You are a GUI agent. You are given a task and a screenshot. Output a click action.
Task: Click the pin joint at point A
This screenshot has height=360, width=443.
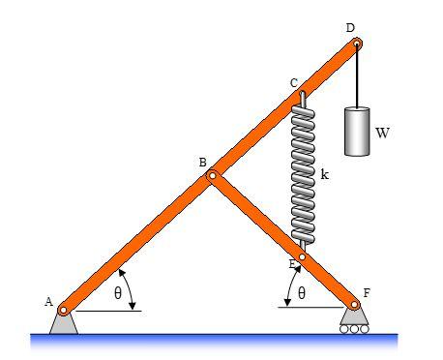[x=64, y=310]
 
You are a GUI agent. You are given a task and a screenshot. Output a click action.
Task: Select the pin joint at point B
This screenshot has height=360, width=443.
[x=213, y=176]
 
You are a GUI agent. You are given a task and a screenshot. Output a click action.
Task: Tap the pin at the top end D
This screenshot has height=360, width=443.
[x=357, y=44]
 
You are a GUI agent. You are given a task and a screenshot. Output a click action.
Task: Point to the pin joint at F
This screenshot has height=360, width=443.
[x=354, y=304]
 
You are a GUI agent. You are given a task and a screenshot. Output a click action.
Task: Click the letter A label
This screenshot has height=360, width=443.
[x=47, y=301]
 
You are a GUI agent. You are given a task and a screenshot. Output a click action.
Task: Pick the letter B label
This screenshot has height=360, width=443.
[x=203, y=163]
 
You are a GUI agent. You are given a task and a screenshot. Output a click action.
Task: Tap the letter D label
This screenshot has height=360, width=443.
[x=350, y=29]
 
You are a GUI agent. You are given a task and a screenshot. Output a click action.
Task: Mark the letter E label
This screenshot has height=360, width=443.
[x=292, y=264]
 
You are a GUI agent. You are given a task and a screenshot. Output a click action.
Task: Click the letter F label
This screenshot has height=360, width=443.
[x=366, y=290]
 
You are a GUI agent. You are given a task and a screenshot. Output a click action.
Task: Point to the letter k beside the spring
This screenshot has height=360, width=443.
[x=325, y=174]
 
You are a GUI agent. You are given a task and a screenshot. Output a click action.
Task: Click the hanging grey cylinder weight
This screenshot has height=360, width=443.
[x=357, y=131]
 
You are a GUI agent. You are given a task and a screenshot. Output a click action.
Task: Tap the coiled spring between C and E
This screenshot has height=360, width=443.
[x=303, y=174]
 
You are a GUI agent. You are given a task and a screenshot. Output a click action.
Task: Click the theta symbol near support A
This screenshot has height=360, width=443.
[x=117, y=293]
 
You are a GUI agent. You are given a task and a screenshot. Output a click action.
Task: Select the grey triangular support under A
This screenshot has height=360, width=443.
[x=64, y=323]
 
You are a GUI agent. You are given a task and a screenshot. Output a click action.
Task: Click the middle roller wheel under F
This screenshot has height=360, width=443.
[x=354, y=328]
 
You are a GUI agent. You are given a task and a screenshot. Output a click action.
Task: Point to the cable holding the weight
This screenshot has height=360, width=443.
[x=358, y=77]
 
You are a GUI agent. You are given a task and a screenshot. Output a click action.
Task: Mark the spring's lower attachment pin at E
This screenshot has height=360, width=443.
[x=303, y=257]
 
